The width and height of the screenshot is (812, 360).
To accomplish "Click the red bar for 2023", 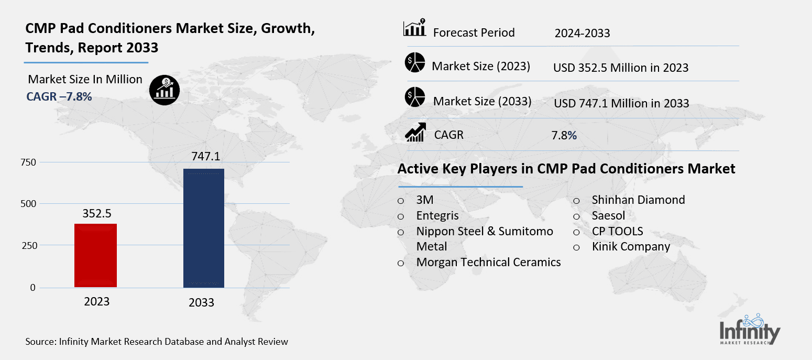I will (95, 255).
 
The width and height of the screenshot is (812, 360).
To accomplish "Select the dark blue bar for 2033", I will (203, 228).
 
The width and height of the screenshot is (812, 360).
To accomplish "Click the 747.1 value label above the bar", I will (203, 156).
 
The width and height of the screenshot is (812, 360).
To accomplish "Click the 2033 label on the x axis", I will (202, 302).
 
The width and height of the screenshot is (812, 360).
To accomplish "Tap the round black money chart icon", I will (164, 90).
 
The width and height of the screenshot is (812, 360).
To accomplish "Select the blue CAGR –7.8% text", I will (59, 96).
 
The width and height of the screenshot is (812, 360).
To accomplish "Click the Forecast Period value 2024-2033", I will (582, 34).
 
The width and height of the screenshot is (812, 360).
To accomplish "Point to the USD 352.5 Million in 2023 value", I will (620, 68).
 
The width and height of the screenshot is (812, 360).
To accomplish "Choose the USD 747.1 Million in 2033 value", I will (621, 103).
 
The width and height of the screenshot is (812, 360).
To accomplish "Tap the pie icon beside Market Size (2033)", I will (414, 98).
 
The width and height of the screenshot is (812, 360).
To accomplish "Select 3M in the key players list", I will (425, 200).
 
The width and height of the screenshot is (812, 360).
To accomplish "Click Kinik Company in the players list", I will (631, 246).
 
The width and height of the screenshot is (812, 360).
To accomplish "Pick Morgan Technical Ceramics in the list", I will (488, 262).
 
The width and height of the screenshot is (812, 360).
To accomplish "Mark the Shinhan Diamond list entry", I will (638, 200).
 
